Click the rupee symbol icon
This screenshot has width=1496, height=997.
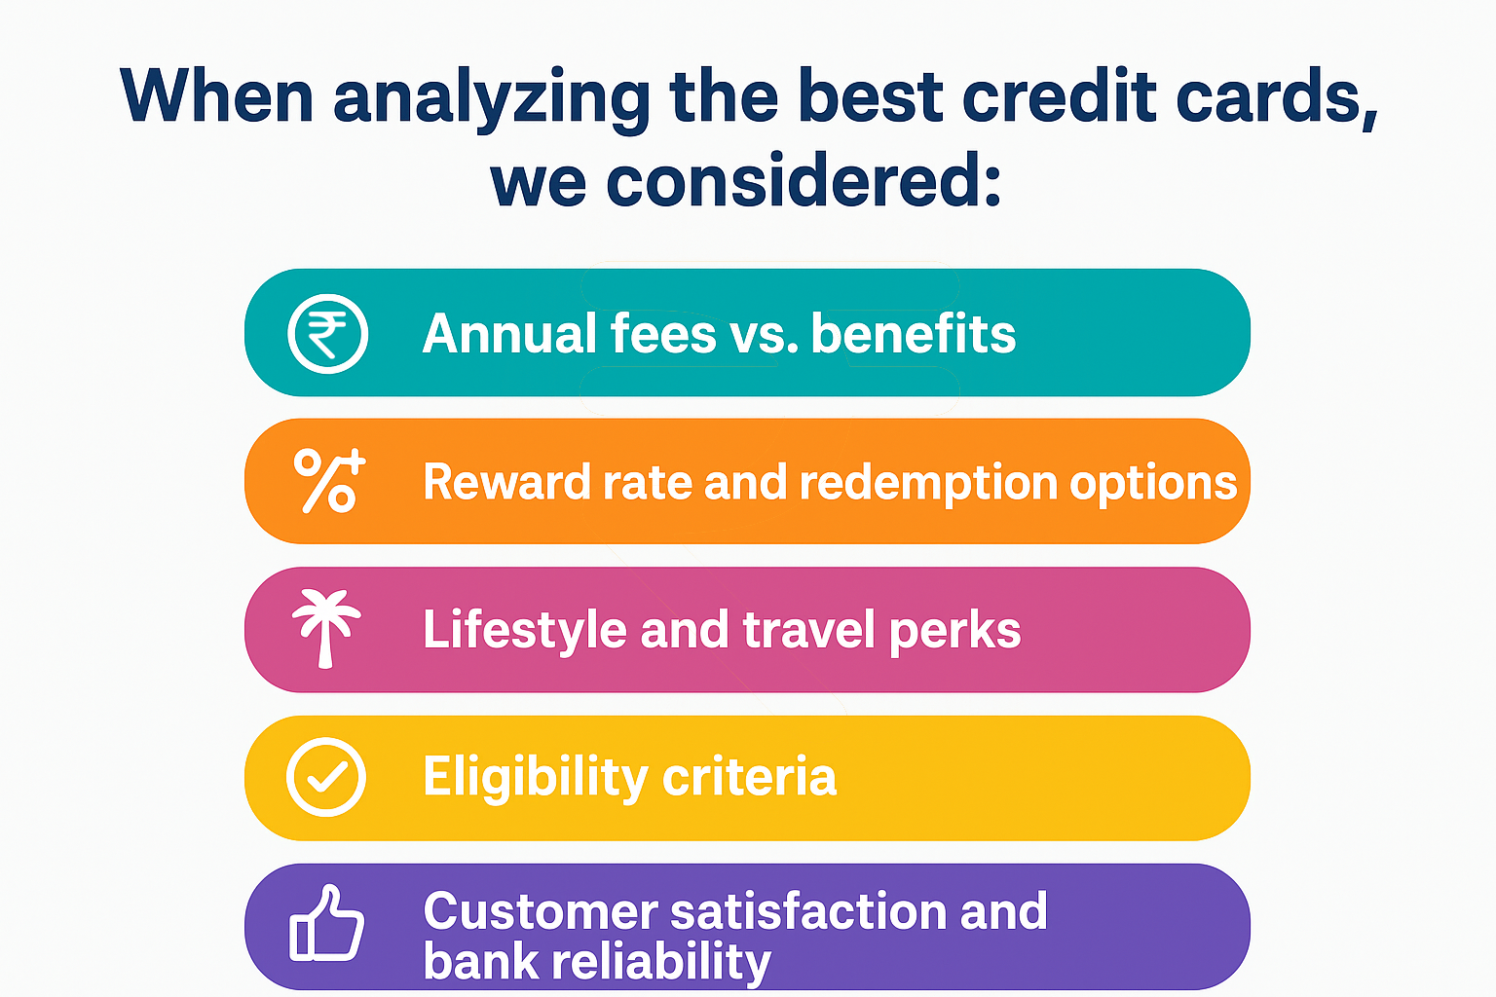pos(327,333)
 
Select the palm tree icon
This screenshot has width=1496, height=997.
pos(326,628)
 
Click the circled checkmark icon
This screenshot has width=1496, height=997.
pos(326,777)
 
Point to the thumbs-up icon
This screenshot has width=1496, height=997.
pos(326,924)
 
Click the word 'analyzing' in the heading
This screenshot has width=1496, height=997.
pos(492,100)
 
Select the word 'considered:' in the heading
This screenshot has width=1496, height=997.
pos(804,179)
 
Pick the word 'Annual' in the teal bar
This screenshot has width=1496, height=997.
pos(509,333)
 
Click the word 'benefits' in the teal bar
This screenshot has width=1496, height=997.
pos(913,333)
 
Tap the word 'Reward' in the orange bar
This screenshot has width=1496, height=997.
pos(506,482)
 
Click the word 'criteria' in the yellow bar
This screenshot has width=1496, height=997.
pos(749,776)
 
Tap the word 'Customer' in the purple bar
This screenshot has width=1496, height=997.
pos(541,911)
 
